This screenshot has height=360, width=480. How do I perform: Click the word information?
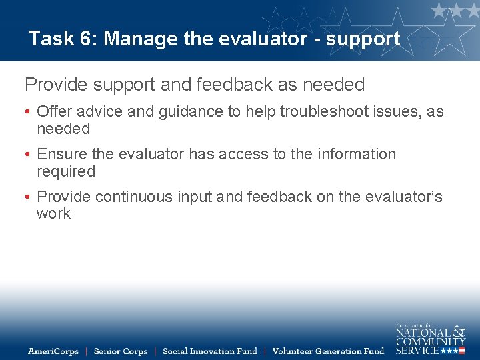click(x=356, y=154)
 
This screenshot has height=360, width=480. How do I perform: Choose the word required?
click(x=66, y=171)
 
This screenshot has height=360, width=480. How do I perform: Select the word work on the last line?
click(x=53, y=214)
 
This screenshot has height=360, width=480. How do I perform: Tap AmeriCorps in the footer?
click(x=53, y=351)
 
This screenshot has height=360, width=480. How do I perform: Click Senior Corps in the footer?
click(x=120, y=351)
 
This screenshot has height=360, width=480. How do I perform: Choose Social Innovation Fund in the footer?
click(x=209, y=351)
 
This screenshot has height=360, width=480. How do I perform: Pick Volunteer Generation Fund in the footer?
click(x=328, y=351)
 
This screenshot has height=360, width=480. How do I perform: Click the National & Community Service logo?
click(x=430, y=339)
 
